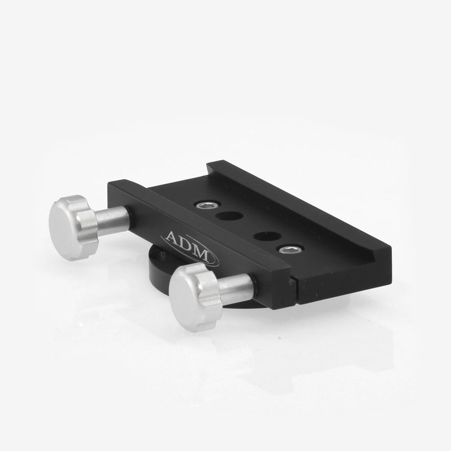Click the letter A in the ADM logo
point(175,238)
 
